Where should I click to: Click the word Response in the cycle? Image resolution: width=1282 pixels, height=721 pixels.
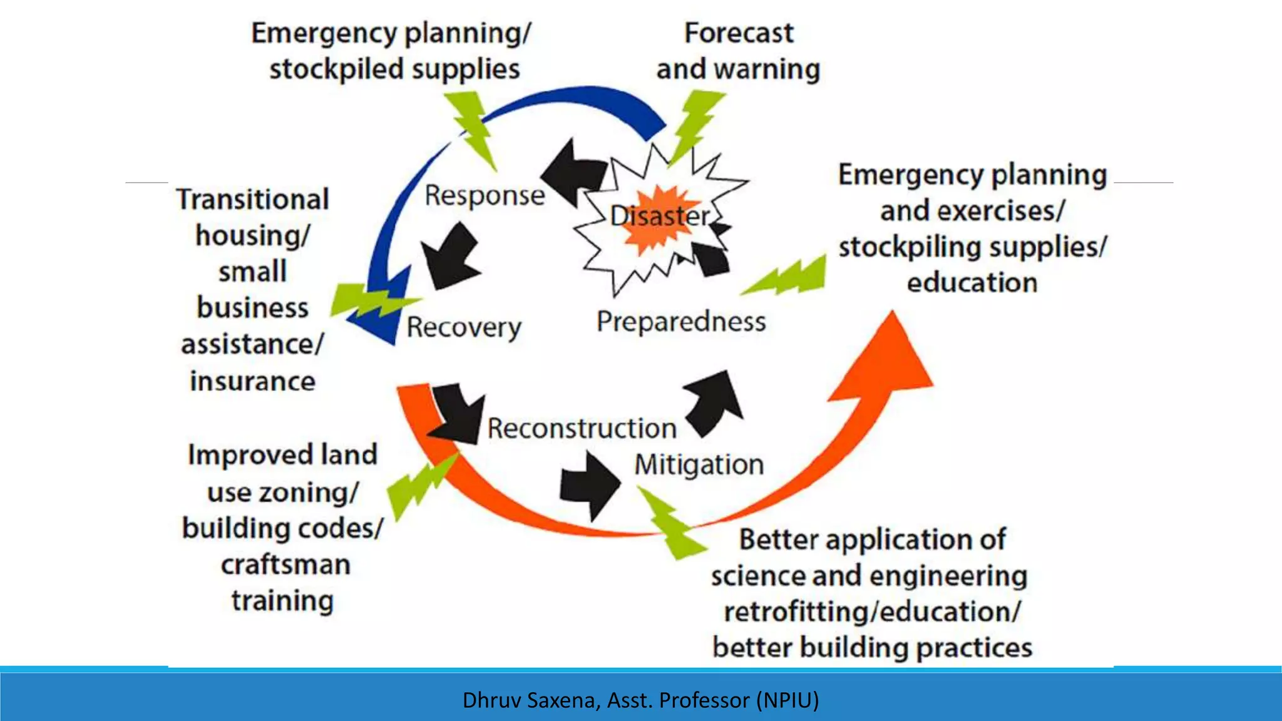(x=485, y=196)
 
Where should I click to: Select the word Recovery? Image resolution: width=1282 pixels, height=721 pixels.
(x=464, y=327)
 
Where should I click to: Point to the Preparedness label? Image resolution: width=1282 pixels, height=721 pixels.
(x=681, y=322)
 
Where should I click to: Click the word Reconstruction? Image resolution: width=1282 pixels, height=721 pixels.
(x=582, y=429)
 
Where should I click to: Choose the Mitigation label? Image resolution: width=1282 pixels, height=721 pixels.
(x=699, y=465)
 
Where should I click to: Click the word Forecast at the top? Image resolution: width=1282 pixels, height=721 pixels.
(x=739, y=33)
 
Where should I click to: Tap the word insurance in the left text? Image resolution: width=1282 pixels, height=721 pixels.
(x=253, y=381)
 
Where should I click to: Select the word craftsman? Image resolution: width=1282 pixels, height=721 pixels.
(x=285, y=565)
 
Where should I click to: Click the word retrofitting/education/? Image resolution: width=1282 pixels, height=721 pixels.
(x=873, y=611)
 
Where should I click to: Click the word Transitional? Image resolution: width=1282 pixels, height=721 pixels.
(x=253, y=200)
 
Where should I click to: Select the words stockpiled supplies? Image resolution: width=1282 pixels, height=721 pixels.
(x=394, y=69)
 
